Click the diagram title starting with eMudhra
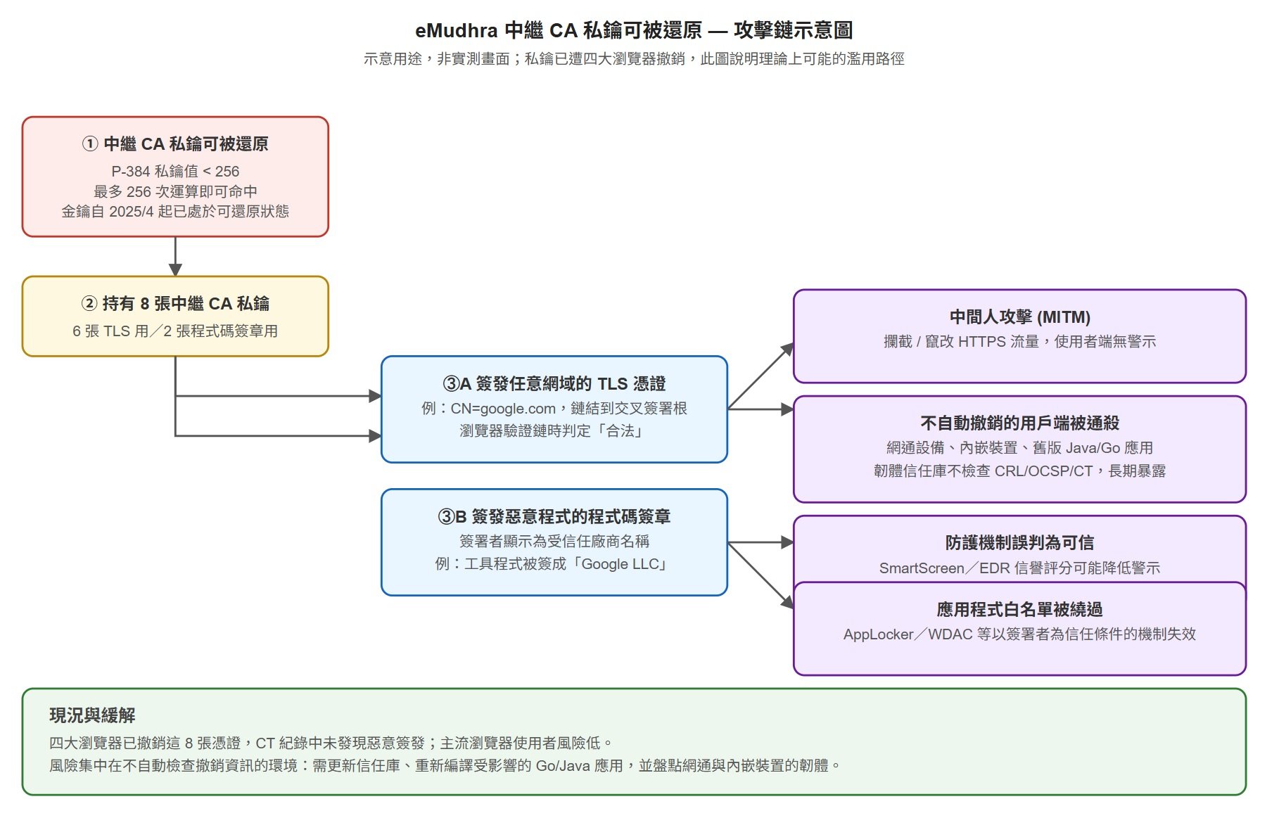(x=634, y=30)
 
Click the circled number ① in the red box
(x=90, y=144)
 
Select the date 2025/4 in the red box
(x=131, y=212)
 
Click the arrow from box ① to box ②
(x=175, y=256)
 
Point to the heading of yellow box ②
(x=175, y=304)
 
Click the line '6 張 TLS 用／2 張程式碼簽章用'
(x=175, y=331)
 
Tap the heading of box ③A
(x=554, y=384)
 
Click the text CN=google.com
(x=503, y=409)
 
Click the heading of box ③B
(x=554, y=517)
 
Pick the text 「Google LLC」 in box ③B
(x=619, y=564)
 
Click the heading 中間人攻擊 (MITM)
(x=1020, y=317)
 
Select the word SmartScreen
(x=922, y=568)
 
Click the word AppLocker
(x=878, y=634)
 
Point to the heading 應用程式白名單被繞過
(x=1020, y=609)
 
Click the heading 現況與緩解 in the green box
(x=92, y=716)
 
